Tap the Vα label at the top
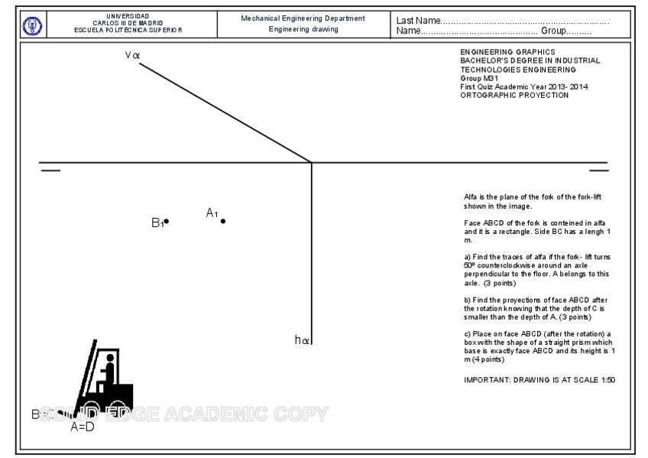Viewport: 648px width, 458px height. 132,56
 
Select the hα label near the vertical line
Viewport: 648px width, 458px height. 301,340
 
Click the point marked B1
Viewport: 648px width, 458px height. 167,222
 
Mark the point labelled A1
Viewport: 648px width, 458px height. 223,222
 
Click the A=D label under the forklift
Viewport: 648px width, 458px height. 82,427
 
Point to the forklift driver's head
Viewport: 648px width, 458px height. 110,358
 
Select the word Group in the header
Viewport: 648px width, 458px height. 553,31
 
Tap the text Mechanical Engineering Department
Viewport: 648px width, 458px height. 303,18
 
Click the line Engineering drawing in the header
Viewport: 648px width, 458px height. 303,30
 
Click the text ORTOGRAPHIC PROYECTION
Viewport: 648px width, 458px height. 514,95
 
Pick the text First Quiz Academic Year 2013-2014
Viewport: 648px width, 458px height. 523,86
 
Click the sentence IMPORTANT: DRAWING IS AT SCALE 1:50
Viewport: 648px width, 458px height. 539,380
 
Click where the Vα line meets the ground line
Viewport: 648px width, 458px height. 311,162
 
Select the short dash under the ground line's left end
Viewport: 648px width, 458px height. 50,171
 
